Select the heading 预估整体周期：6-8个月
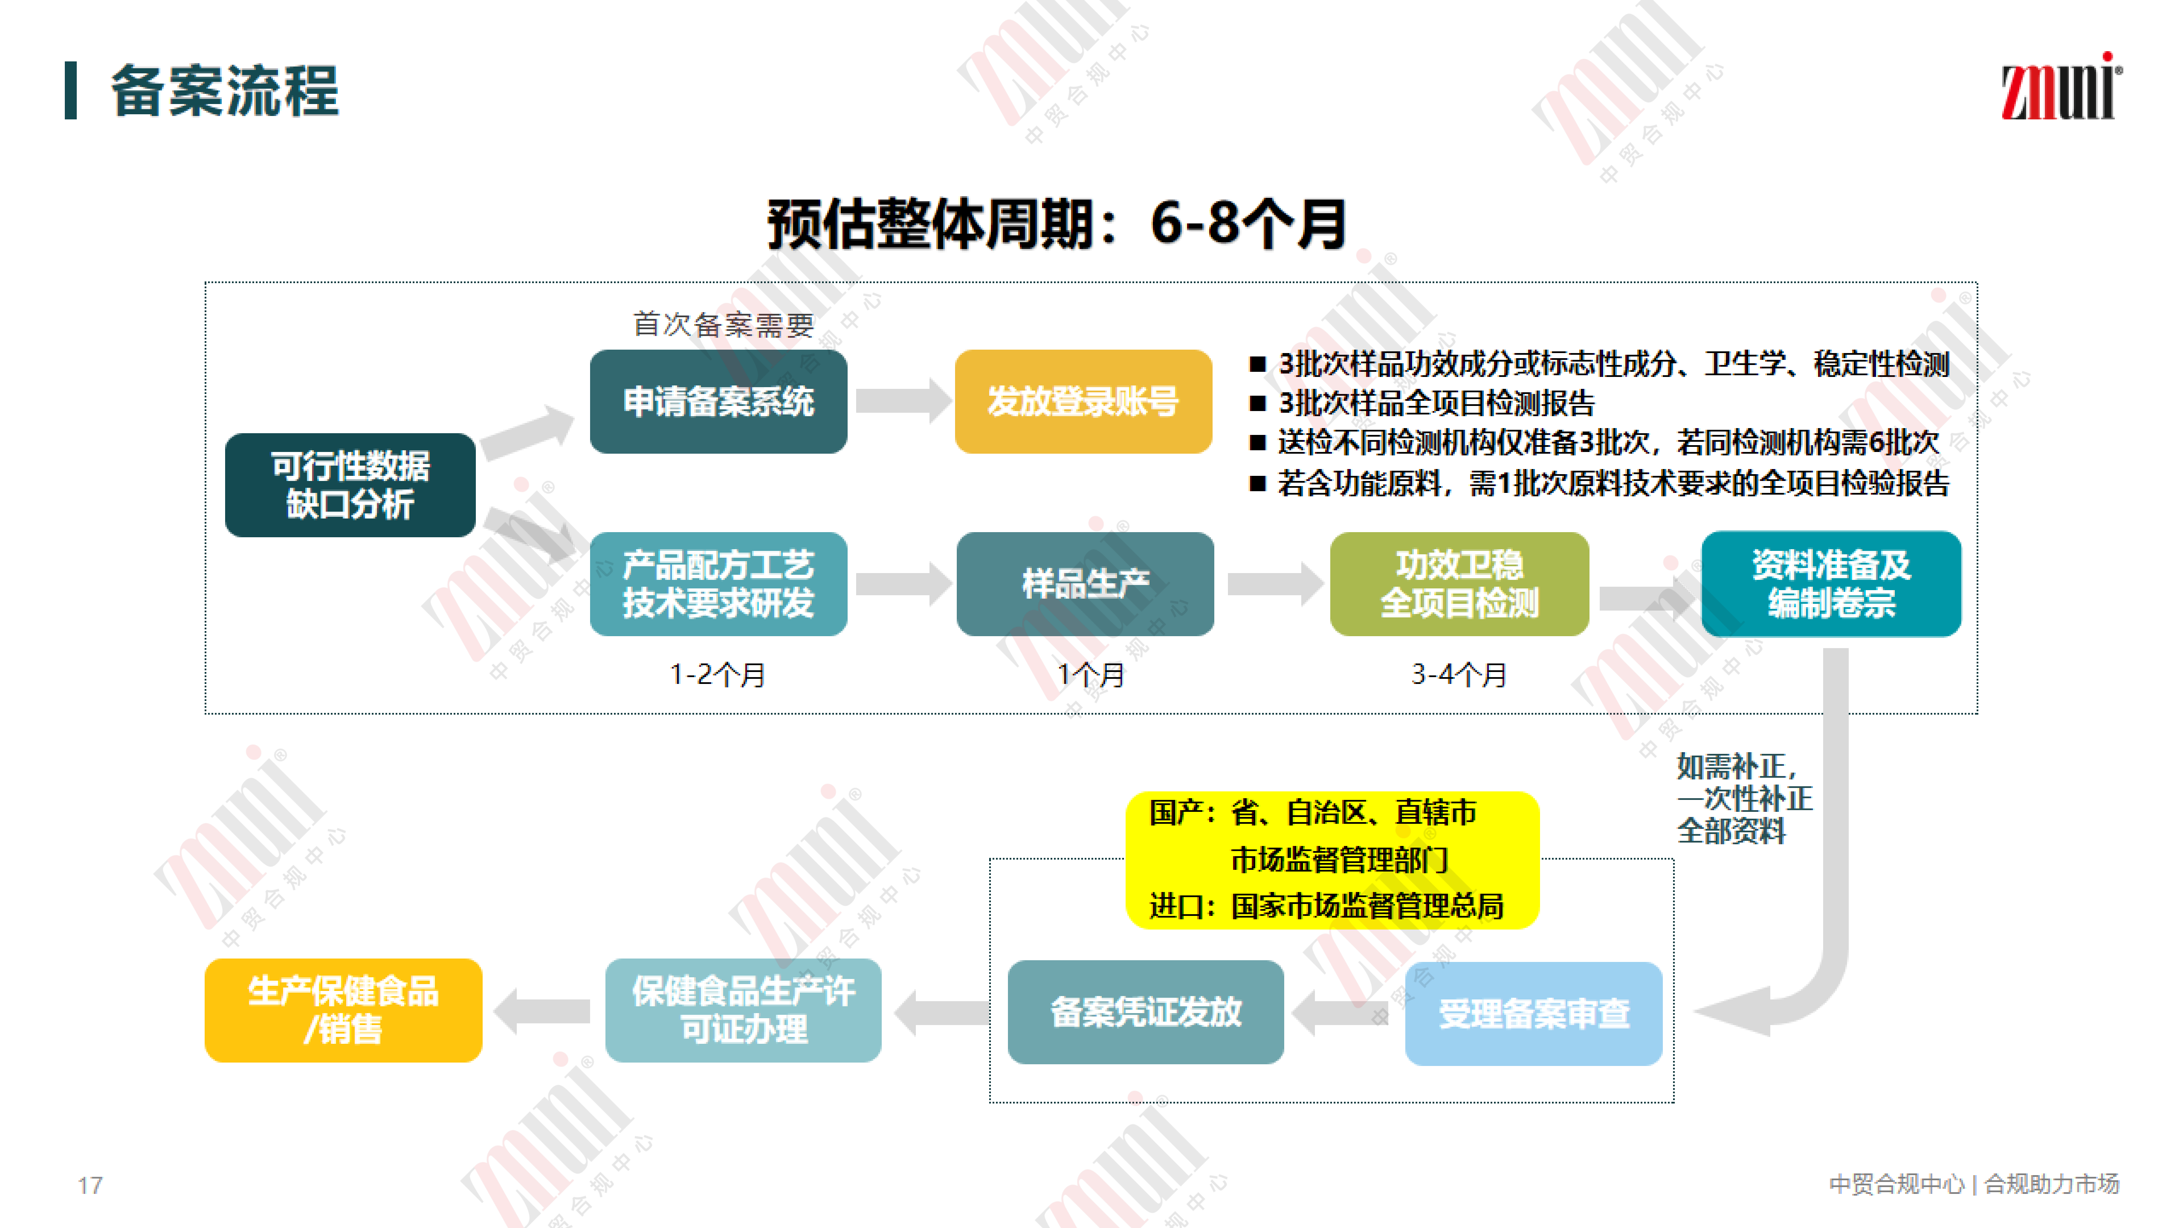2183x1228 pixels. tap(1057, 225)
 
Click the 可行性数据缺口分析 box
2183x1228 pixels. tap(350, 485)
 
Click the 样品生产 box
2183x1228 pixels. tap(1085, 584)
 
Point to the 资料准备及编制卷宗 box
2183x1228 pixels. tap(1830, 584)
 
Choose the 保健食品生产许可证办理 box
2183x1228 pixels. tap(743, 1010)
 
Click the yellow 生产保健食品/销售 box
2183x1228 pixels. tap(343, 1010)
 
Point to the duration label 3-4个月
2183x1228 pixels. tap(1459, 675)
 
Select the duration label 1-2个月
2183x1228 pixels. tap(718, 675)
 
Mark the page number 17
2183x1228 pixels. tap(90, 1185)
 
